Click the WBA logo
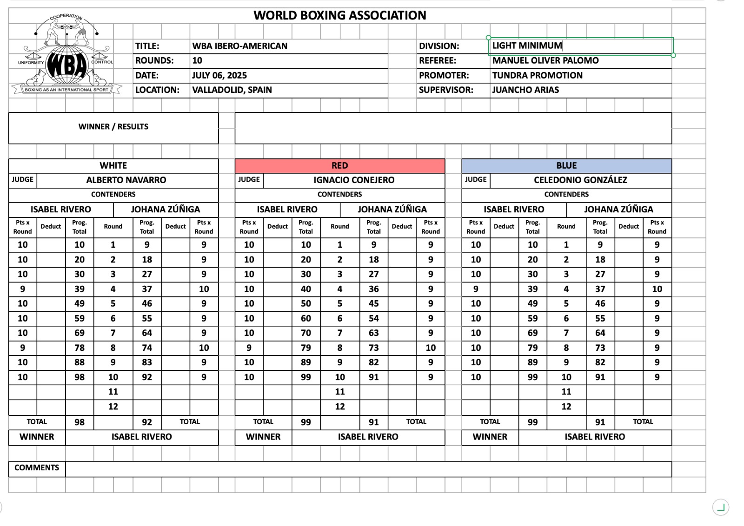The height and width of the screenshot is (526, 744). (67, 56)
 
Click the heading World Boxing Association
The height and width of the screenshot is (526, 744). (339, 15)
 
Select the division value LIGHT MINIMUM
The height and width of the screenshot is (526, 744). (527, 46)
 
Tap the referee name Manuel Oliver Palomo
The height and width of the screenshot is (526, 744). (545, 60)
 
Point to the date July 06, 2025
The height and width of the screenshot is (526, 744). (219, 75)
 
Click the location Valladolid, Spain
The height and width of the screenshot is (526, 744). (232, 90)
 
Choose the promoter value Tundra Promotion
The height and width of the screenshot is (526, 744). (537, 75)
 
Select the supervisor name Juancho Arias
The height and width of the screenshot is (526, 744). (525, 90)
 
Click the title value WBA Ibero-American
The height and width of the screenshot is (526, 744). (239, 46)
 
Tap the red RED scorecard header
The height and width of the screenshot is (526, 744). (339, 166)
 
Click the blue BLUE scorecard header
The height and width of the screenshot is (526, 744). (566, 166)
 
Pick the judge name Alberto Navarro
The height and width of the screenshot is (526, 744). (126, 180)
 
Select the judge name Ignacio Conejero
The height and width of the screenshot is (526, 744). (353, 180)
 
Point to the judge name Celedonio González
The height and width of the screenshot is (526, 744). (580, 180)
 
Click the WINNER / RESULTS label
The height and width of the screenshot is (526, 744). (113, 127)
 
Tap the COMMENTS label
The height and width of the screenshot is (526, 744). (37, 468)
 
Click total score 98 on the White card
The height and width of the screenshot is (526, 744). (80, 422)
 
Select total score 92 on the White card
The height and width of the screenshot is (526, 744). (147, 422)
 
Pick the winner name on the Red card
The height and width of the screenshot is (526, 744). (368, 437)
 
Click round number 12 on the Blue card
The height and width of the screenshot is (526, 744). (566, 407)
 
